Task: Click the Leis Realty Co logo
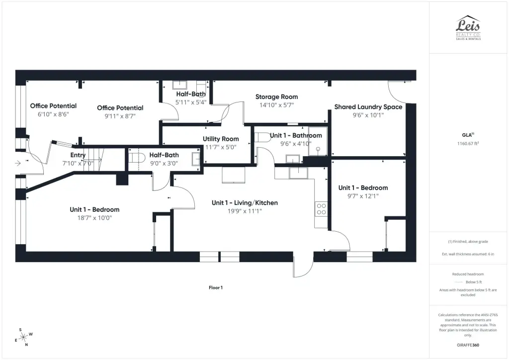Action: click(x=468, y=27)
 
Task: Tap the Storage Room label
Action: click(x=276, y=97)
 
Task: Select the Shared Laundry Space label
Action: click(x=368, y=107)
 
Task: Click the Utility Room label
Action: click(x=221, y=139)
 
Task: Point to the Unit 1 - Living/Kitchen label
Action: click(x=245, y=203)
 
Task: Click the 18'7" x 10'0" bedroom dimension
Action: click(x=94, y=218)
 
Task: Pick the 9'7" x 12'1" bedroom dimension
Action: click(x=363, y=196)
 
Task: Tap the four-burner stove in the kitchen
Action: click(x=321, y=209)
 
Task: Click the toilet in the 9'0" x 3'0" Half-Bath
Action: click(x=136, y=158)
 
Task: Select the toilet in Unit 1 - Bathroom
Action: click(x=262, y=137)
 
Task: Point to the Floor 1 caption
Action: click(x=216, y=287)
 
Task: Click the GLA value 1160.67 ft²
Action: click(x=468, y=144)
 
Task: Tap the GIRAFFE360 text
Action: click(x=468, y=345)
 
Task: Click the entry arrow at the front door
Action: click(x=18, y=163)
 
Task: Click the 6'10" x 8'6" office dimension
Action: click(x=53, y=114)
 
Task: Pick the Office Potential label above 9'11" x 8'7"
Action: click(x=120, y=108)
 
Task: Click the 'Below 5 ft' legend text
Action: click(x=474, y=282)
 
